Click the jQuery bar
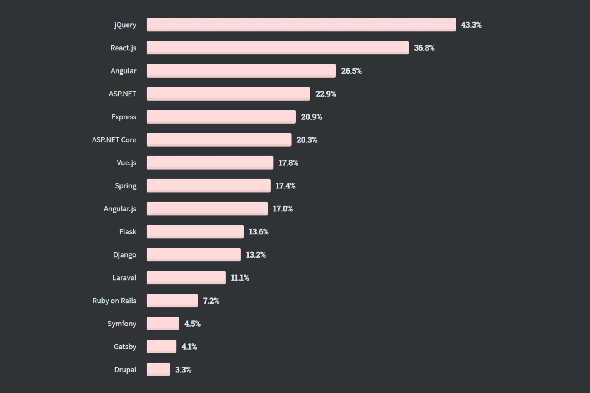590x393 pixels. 301,25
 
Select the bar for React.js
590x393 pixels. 277,48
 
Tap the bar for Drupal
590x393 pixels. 158,369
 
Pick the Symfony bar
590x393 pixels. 163,323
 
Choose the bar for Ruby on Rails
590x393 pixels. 172,300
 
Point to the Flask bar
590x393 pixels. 195,231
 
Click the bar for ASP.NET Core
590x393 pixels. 219,139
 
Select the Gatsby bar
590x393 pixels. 161,346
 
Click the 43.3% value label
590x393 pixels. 471,25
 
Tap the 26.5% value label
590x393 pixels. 351,71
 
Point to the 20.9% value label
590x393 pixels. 311,117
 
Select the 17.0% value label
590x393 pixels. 283,209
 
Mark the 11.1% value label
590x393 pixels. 240,278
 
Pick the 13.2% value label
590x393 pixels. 255,255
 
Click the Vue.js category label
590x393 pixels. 126,163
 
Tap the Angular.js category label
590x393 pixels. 120,209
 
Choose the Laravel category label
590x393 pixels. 124,277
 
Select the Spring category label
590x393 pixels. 125,186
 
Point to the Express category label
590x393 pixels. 124,117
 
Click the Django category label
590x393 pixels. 124,255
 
